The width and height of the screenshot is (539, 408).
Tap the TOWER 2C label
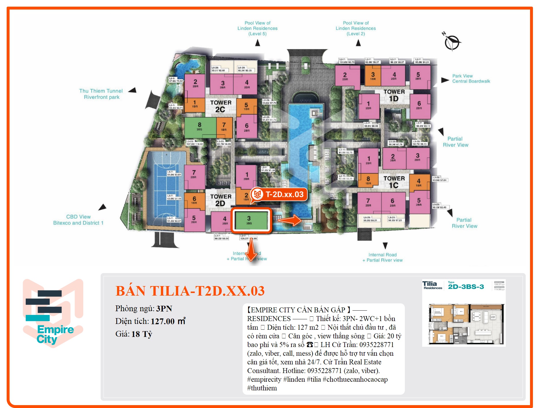tap(221, 106)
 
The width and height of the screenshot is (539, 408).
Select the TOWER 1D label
tap(394, 95)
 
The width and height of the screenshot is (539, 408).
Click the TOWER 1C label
tap(394, 182)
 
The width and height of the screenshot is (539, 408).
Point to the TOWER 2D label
tap(221, 200)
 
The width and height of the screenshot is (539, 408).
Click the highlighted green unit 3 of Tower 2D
tap(251, 220)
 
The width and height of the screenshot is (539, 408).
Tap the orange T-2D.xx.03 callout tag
tap(279, 194)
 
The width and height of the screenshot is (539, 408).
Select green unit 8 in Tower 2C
tap(200, 127)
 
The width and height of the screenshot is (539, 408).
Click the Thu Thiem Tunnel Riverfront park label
tap(101, 94)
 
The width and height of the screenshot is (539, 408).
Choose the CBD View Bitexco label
tap(78, 220)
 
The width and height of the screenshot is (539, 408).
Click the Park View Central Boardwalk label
tap(471, 79)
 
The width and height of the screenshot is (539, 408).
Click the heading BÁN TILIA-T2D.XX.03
tap(190, 291)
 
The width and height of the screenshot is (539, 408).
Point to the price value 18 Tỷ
tap(142, 334)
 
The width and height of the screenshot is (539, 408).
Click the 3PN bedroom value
tap(164, 309)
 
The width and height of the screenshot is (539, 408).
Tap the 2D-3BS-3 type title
tap(466, 287)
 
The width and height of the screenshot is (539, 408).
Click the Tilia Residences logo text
tap(432, 285)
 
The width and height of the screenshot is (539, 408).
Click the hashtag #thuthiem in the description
tap(262, 388)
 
